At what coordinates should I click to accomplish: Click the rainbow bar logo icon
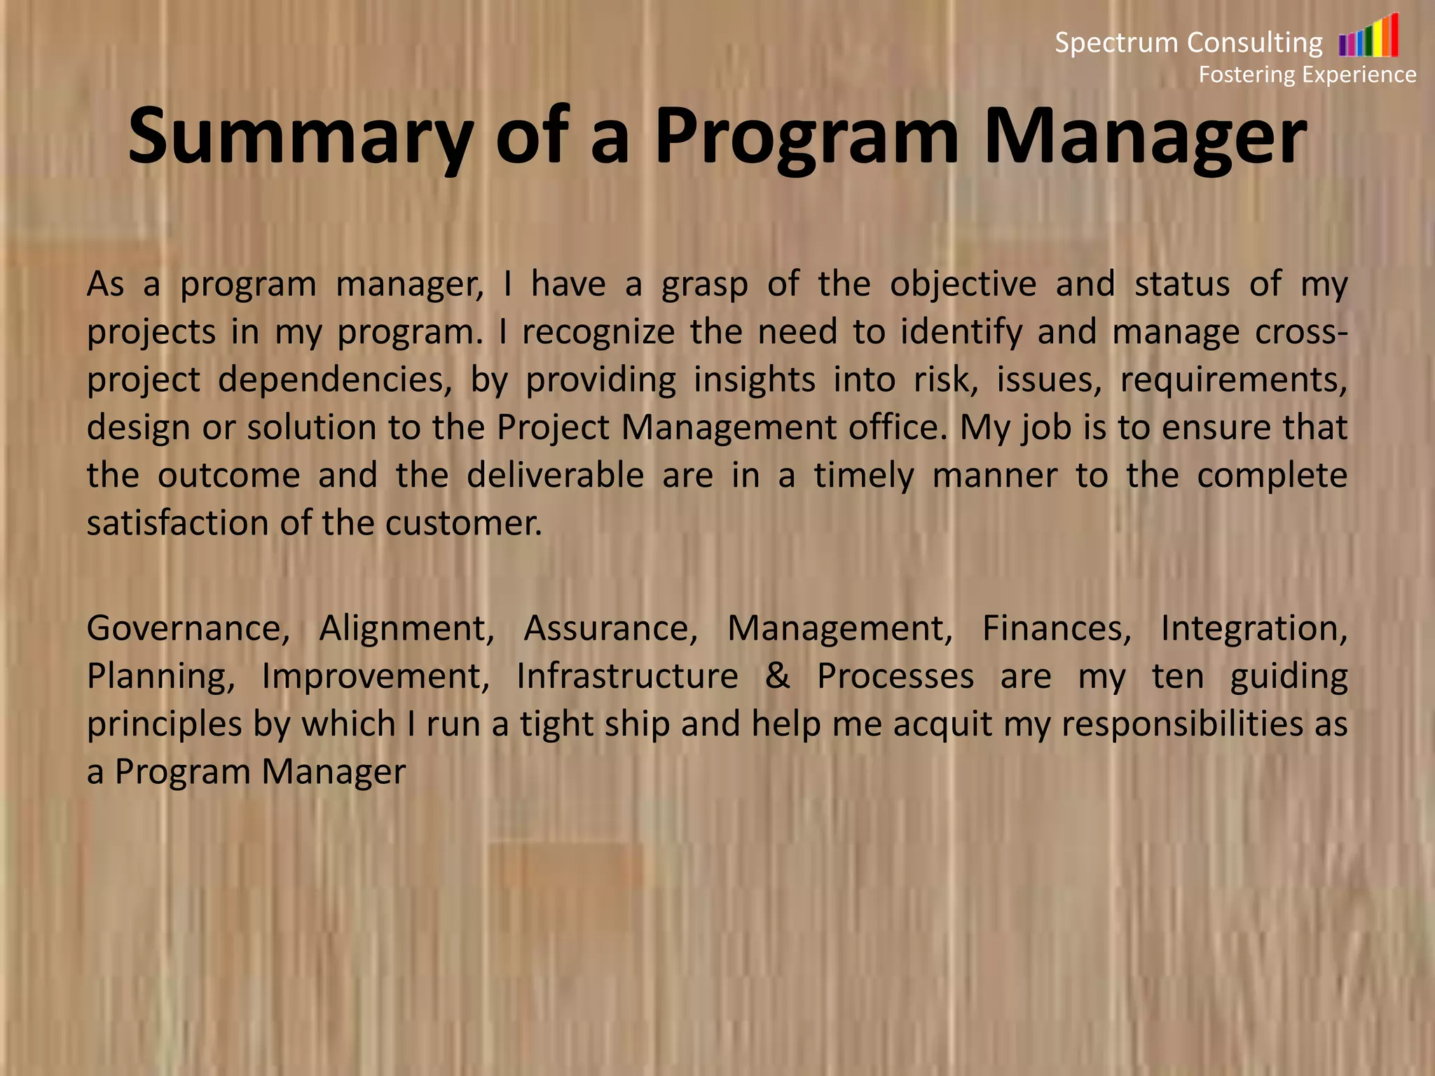pyautogui.click(x=1368, y=36)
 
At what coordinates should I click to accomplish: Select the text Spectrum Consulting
pyautogui.click(x=1188, y=43)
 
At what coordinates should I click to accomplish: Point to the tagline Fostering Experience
pyautogui.click(x=1307, y=74)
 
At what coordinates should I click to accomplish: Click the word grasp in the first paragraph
pyautogui.click(x=705, y=285)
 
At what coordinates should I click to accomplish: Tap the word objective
pyautogui.click(x=963, y=284)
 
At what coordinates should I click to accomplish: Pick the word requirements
pyautogui.click(x=1233, y=380)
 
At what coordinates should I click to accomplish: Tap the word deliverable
pyautogui.click(x=555, y=475)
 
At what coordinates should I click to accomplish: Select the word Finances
pyautogui.click(x=1056, y=628)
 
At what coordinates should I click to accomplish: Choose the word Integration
pyautogui.click(x=1254, y=628)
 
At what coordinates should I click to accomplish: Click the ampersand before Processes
pyautogui.click(x=777, y=676)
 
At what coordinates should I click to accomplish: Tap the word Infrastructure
pyautogui.click(x=627, y=676)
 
